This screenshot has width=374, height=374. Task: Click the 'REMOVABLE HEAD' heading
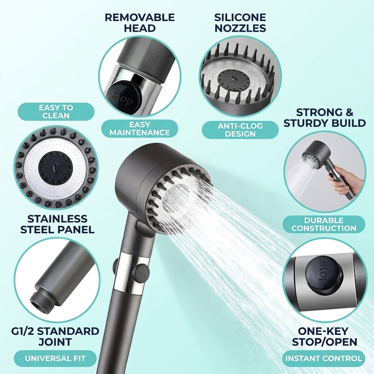(140, 23)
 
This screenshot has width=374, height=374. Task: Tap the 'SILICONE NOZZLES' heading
(240, 23)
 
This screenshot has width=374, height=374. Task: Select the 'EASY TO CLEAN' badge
(56, 111)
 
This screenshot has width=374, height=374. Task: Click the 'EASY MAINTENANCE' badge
(140, 129)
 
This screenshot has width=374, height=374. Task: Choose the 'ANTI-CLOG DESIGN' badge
(240, 130)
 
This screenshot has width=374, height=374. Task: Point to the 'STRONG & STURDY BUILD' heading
(325, 118)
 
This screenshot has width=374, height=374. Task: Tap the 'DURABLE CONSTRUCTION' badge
(324, 224)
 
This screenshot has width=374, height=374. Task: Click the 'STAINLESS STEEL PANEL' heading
(57, 224)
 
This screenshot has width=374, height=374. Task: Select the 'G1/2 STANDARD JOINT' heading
(55, 336)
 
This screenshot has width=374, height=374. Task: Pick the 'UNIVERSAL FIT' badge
(55, 358)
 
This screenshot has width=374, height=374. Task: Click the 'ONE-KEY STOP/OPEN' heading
(325, 336)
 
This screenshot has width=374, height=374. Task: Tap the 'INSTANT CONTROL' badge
(324, 358)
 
